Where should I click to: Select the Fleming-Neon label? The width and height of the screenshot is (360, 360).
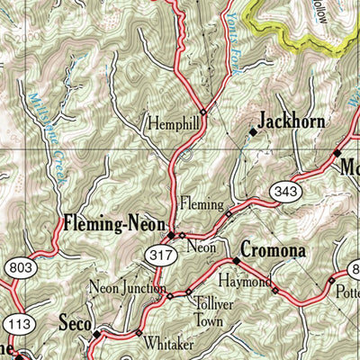click(113, 221)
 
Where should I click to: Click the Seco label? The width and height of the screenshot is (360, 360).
click(74, 321)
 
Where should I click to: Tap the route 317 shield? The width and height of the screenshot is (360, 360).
click(161, 258)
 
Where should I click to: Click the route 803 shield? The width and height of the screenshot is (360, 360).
click(18, 267)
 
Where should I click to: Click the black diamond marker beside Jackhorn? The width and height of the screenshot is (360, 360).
click(253, 131)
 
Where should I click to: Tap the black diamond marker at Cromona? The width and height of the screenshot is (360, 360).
click(237, 261)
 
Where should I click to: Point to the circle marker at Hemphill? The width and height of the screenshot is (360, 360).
click(203, 112)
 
